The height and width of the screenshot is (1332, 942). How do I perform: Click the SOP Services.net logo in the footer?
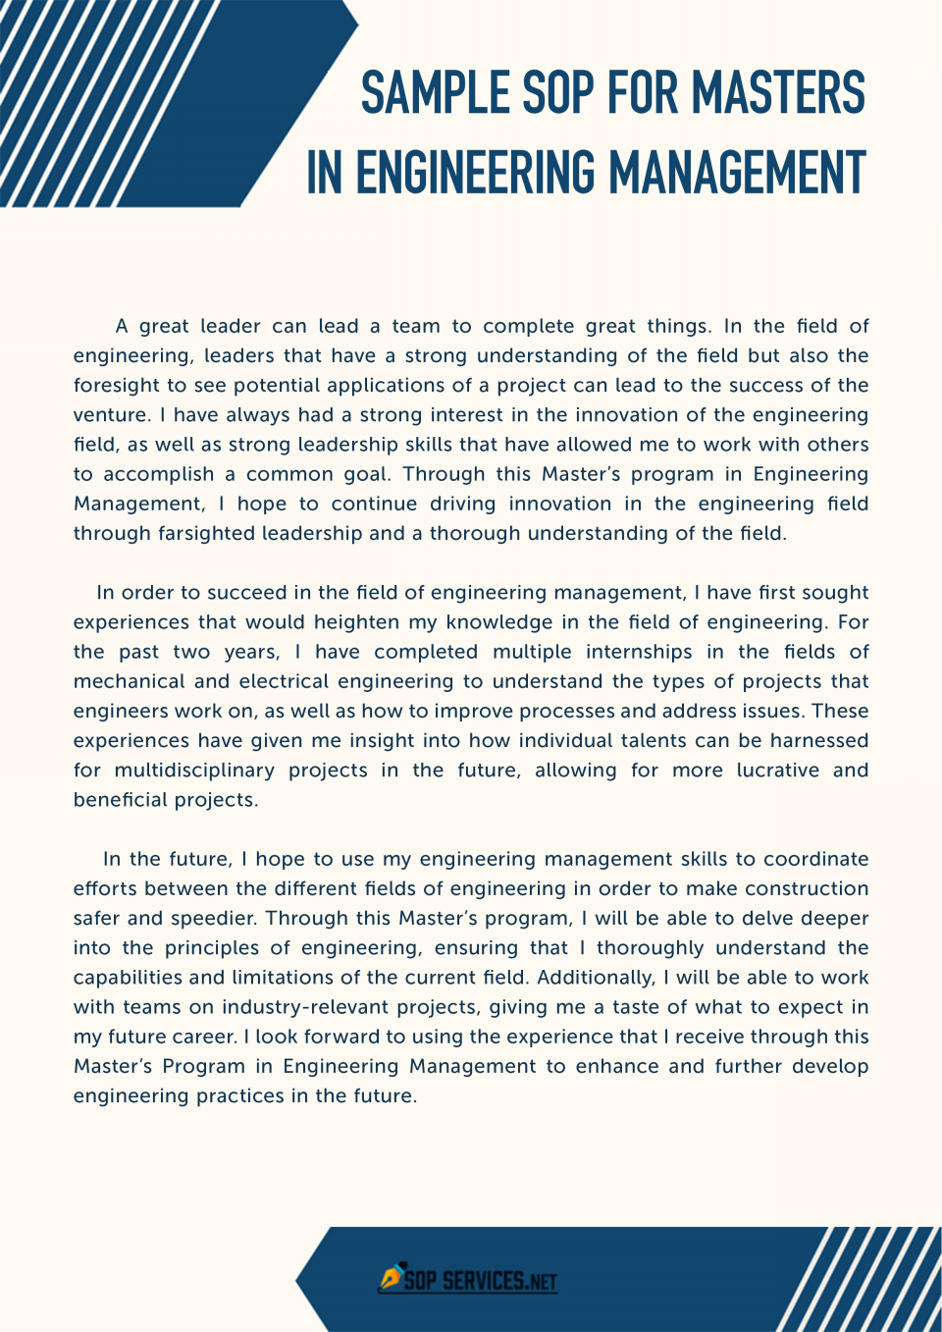pos(468,1280)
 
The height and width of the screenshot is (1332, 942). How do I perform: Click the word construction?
pos(807,888)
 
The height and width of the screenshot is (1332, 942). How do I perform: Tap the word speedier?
pos(213,919)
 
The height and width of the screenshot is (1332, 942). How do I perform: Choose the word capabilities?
pos(128,978)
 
